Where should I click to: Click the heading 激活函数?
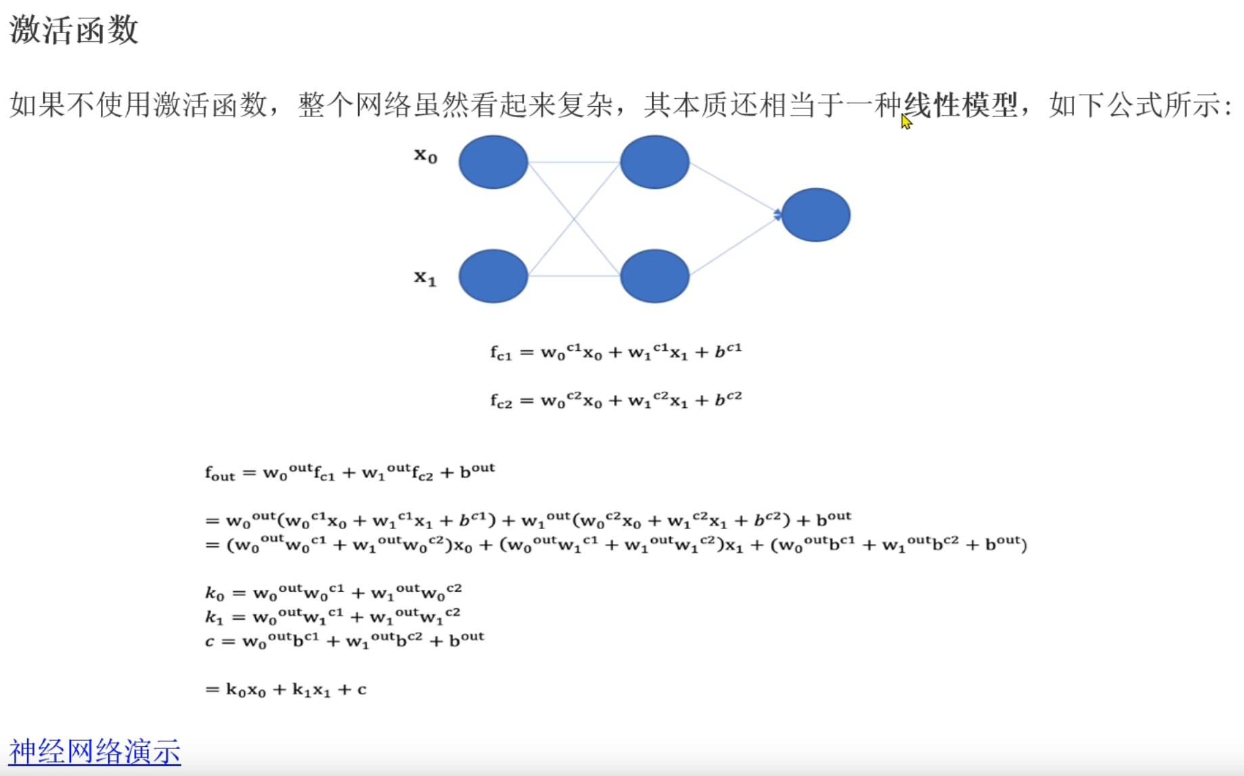click(74, 30)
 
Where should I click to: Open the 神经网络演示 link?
click(95, 752)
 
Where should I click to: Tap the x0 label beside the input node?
click(426, 156)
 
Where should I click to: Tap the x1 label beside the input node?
click(426, 277)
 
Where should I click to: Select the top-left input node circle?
click(493, 162)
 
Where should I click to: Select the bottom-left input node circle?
click(493, 276)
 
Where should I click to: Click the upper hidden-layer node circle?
click(654, 162)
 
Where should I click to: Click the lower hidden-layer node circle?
click(654, 276)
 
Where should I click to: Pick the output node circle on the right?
click(816, 215)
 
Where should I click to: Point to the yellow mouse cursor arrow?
click(906, 121)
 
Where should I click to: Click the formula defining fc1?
click(616, 352)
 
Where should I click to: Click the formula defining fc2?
click(616, 400)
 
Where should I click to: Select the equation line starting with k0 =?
click(333, 592)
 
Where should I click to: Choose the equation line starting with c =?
click(345, 639)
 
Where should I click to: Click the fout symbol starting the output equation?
click(220, 472)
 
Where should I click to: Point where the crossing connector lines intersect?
click(574, 219)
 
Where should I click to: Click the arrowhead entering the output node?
click(778, 215)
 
